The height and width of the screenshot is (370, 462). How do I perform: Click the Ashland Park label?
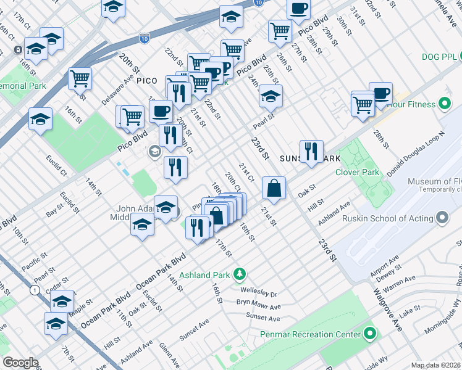(204, 274)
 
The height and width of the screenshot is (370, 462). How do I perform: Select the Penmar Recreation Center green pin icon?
(370, 334)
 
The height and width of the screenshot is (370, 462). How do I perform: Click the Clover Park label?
(357, 172)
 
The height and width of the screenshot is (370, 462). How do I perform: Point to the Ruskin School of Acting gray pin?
(442, 218)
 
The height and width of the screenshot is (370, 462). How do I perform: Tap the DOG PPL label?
(439, 57)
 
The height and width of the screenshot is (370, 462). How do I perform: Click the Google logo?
(20, 363)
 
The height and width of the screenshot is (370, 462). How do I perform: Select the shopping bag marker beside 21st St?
(274, 188)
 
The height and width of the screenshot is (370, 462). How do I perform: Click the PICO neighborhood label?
(147, 81)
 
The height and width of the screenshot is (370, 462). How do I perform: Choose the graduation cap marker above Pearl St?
(271, 96)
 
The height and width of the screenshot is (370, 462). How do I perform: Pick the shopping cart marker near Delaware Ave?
(80, 78)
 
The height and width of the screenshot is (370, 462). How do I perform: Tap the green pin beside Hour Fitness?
(444, 104)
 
